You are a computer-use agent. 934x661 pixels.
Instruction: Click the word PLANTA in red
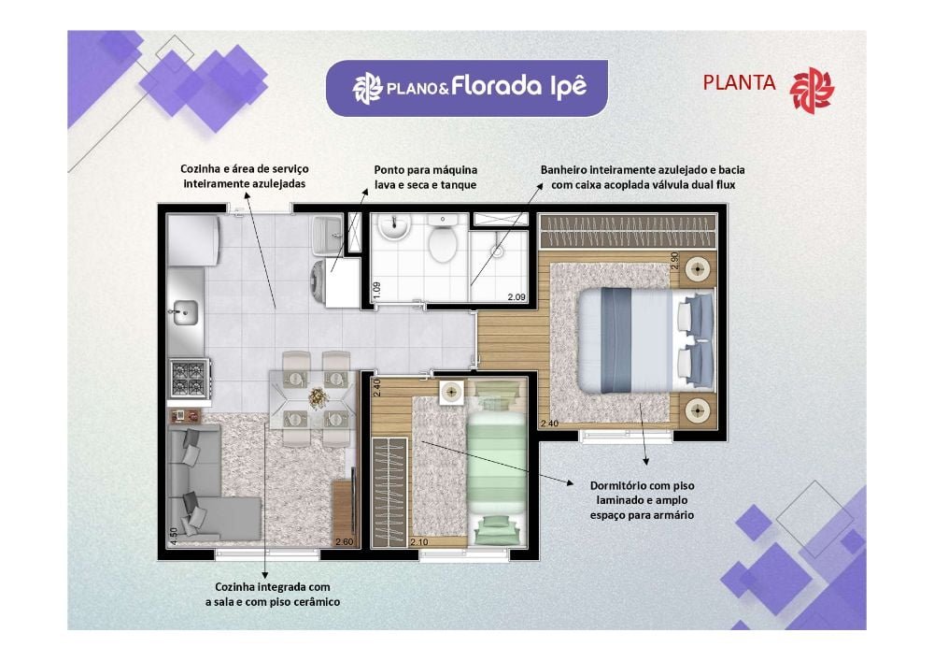coord(739,83)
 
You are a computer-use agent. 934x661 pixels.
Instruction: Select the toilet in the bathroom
coord(441,244)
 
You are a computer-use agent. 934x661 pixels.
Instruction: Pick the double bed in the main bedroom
coord(644,340)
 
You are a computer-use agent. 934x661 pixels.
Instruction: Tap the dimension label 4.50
coord(173,537)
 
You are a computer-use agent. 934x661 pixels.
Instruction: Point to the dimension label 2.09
coord(516,297)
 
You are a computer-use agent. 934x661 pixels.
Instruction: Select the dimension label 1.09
coord(376,290)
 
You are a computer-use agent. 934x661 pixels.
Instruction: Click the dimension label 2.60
coord(345,541)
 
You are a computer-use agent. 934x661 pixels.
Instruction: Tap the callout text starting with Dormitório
coord(642,500)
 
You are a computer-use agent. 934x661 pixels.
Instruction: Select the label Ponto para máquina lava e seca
coord(425,177)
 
